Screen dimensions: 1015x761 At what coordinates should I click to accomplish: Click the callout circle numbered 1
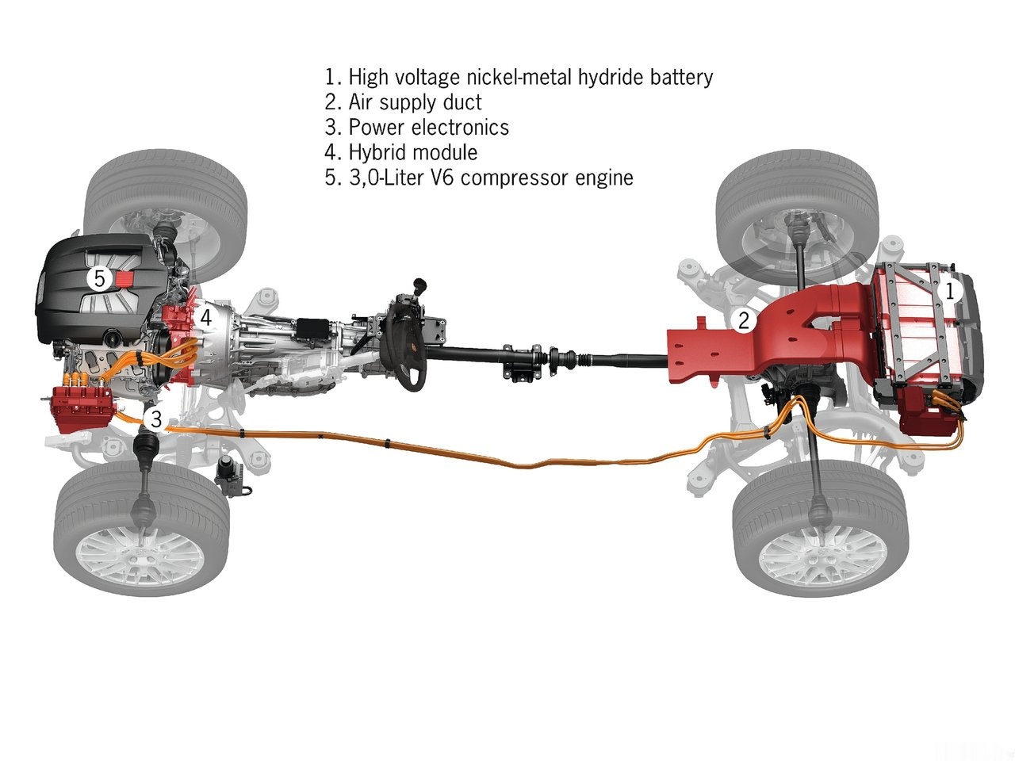pyautogui.click(x=950, y=291)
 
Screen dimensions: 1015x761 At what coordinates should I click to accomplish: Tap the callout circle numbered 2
pyautogui.click(x=744, y=320)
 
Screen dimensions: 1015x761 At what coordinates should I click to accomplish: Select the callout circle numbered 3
pyautogui.click(x=156, y=419)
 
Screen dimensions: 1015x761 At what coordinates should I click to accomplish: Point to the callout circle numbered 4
pyautogui.click(x=205, y=318)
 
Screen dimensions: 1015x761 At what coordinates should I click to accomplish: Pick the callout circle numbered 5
pyautogui.click(x=100, y=278)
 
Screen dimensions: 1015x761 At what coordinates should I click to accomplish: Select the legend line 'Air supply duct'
pyautogui.click(x=403, y=102)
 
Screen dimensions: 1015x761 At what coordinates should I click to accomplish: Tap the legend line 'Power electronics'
pyautogui.click(x=416, y=127)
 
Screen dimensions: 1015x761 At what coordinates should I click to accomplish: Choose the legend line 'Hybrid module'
pyautogui.click(x=401, y=152)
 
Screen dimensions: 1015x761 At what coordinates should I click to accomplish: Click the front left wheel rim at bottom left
pyautogui.click(x=140, y=558)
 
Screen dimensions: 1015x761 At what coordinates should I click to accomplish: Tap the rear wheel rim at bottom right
pyautogui.click(x=820, y=556)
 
